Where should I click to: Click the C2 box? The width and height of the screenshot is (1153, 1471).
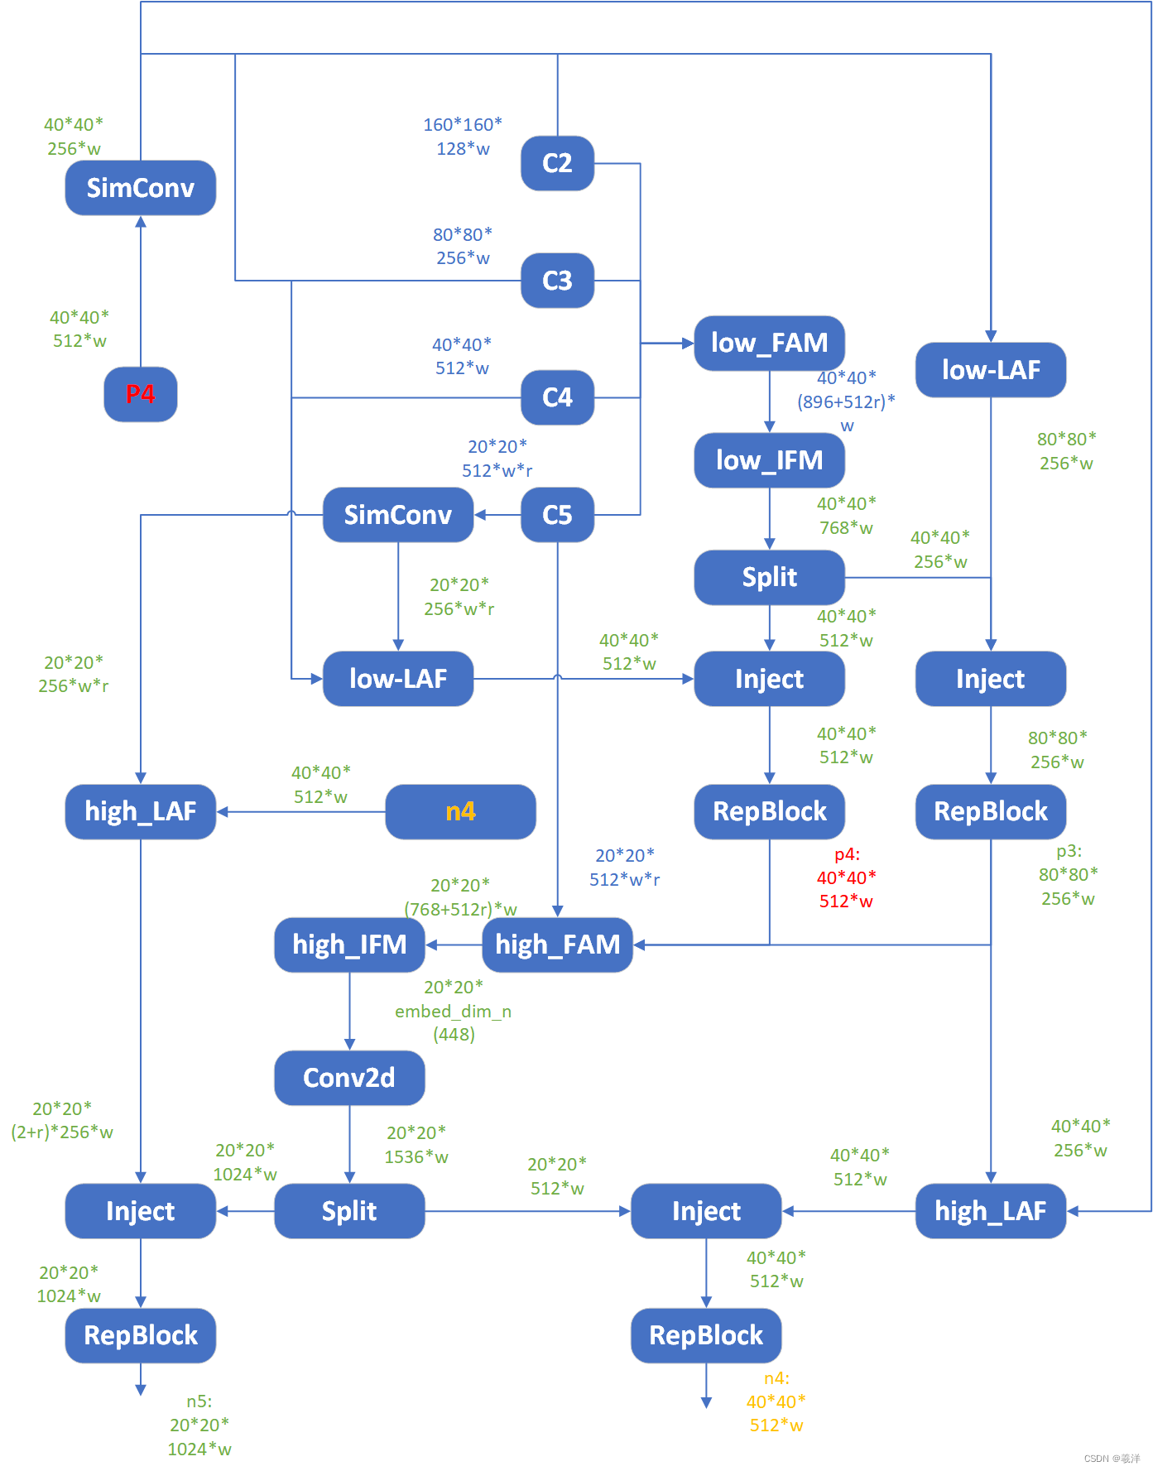[557, 163]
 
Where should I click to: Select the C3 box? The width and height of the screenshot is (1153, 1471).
[557, 281]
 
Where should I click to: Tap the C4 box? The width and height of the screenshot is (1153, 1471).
[557, 397]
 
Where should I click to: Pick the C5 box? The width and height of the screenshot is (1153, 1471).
[557, 515]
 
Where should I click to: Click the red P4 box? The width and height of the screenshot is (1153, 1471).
[141, 394]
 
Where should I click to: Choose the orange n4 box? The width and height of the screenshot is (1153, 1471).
[460, 811]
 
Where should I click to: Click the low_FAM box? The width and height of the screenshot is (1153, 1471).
[769, 343]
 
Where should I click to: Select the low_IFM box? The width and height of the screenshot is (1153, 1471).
[769, 460]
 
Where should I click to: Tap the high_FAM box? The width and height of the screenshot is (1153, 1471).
[557, 945]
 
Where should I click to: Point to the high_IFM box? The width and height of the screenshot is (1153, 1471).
[349, 945]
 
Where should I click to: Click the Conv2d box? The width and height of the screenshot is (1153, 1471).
[349, 1078]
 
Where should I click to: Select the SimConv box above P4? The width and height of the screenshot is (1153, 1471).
[141, 188]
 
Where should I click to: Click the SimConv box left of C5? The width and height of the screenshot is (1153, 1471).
[397, 515]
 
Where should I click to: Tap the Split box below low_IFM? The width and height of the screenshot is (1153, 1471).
[769, 577]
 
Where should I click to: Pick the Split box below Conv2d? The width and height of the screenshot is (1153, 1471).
[349, 1211]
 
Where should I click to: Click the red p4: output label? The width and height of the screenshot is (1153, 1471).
[847, 854]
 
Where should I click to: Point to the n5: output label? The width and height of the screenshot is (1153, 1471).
[199, 1401]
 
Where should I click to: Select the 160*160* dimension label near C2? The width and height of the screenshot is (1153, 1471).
[463, 125]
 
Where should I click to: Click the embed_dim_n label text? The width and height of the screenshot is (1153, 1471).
[453, 1012]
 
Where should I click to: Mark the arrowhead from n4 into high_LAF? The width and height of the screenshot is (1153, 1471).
[223, 811]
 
